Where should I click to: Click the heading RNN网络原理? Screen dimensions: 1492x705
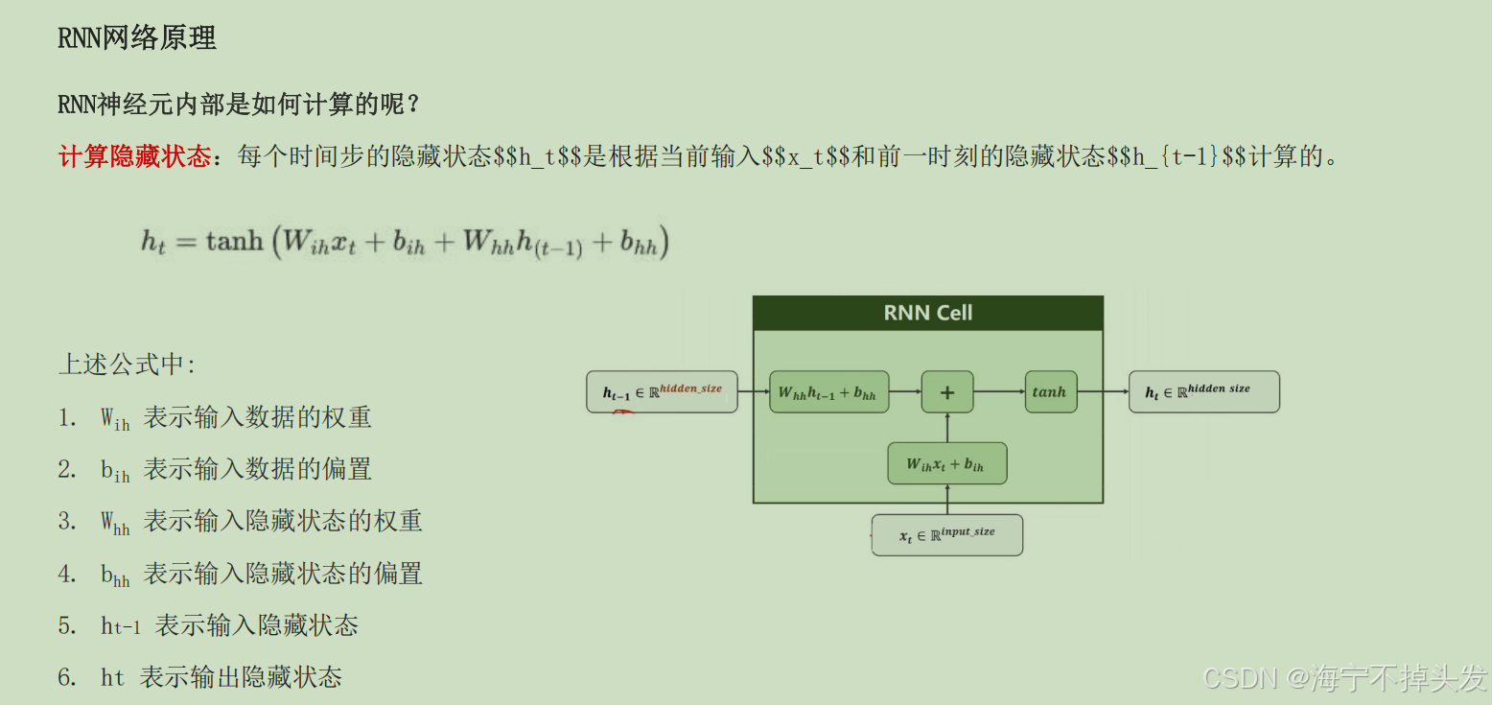[x=137, y=38]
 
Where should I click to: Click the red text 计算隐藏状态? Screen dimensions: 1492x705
[x=134, y=156]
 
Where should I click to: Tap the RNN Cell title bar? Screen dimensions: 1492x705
[x=927, y=313]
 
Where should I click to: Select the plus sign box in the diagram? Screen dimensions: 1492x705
[x=947, y=391]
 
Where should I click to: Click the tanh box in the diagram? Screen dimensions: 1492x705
[x=1050, y=391]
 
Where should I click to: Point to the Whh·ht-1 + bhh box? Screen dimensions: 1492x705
[x=828, y=391]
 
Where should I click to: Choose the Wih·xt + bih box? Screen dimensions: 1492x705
[x=946, y=463]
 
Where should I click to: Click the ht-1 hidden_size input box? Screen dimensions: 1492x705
[x=662, y=391]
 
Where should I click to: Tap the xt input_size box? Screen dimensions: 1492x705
[x=947, y=535]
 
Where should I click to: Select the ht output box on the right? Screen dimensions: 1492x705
[x=1203, y=391]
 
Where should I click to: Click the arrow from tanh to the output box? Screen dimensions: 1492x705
[x=1103, y=391]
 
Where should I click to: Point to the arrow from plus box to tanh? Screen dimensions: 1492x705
[x=999, y=391]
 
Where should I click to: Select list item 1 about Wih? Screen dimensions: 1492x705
[x=235, y=418]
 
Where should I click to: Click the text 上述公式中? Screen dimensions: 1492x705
[x=127, y=364]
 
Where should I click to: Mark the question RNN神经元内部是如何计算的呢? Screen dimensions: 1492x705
[x=240, y=104]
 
